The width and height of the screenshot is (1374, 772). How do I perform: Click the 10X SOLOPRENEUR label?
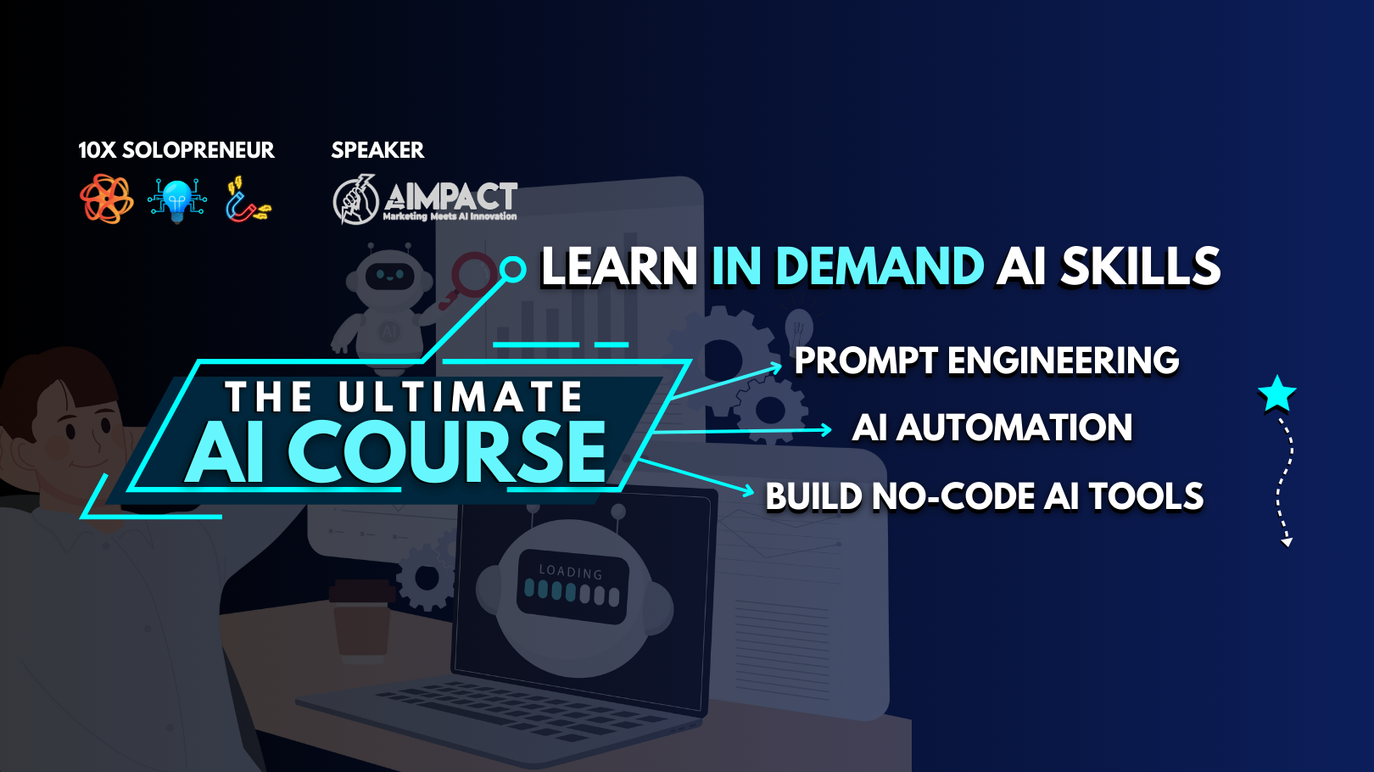tap(176, 150)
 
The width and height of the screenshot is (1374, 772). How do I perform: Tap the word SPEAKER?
tap(377, 150)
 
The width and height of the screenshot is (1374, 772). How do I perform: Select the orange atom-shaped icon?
tap(107, 199)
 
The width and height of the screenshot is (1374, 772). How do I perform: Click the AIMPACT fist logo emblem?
tap(355, 199)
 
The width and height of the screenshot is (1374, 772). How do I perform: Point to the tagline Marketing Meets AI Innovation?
tap(450, 216)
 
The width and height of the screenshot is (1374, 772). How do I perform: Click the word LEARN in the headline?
tap(619, 267)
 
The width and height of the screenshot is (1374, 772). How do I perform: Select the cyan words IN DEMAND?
tap(847, 267)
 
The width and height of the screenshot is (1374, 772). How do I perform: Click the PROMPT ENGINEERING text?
tap(986, 361)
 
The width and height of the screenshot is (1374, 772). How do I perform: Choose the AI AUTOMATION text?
tap(991, 427)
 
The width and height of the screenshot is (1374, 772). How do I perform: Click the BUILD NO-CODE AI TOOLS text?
tap(985, 496)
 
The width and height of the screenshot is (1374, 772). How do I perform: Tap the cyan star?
tap(1277, 394)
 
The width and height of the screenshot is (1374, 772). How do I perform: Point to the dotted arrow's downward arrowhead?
tap(1287, 542)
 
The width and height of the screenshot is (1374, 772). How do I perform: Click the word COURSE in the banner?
tap(446, 453)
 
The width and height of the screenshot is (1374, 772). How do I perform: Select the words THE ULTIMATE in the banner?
tap(405, 397)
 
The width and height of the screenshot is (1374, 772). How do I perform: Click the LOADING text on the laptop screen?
tap(571, 572)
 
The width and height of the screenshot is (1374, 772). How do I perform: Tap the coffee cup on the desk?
tap(362, 620)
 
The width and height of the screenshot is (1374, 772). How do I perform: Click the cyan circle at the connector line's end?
tap(512, 270)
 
